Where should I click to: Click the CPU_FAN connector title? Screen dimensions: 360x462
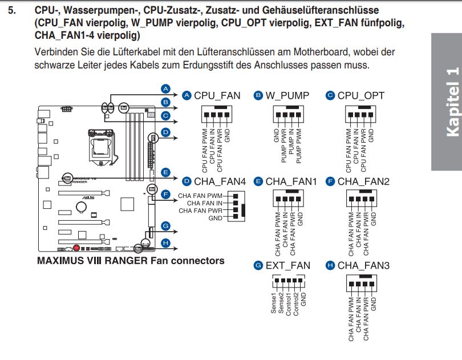point(217,96)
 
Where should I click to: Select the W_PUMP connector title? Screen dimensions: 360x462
point(287,96)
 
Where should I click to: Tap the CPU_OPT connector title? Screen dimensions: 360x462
point(361,96)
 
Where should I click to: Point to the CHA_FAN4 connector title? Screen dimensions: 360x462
point(220,181)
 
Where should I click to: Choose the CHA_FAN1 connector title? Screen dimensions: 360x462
point(291,181)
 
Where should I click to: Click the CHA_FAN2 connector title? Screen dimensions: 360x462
point(364,181)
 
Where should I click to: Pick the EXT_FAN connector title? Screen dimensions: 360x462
point(288,265)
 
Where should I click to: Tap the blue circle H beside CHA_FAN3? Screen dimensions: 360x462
point(330,265)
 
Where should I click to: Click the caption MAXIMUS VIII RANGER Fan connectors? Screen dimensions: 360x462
point(131,261)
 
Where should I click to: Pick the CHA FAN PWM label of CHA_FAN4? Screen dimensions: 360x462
point(200,195)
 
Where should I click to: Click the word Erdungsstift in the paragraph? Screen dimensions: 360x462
point(209,65)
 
